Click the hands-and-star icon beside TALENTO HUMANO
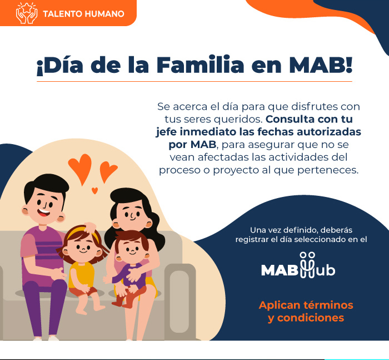pos(27,13)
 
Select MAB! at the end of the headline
pos(321,65)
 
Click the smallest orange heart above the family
pos(94,190)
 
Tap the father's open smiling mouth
pos(44,213)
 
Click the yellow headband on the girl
pos(81,233)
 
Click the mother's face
pos(132,214)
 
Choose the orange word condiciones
pos(310,318)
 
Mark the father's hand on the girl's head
pos(90,227)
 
